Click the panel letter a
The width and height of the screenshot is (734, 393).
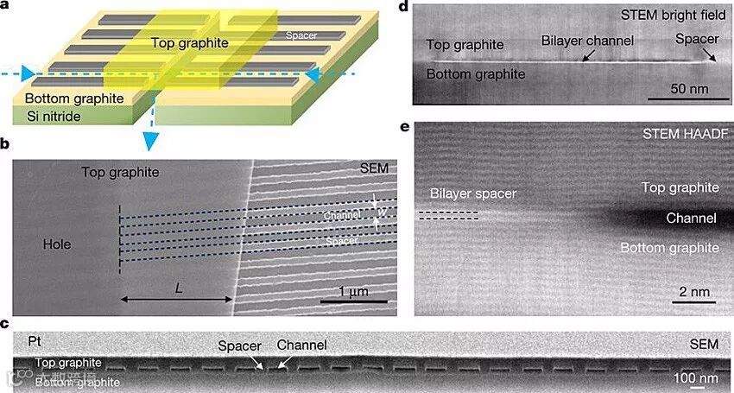pos(8,7)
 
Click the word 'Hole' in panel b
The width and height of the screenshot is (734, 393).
pos(57,244)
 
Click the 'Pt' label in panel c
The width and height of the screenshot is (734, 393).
pos(35,342)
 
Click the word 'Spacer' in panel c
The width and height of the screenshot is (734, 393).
pos(239,345)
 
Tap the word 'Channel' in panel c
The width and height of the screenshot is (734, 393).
pos(301,345)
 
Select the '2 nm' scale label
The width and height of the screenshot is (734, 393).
pos(693,292)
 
